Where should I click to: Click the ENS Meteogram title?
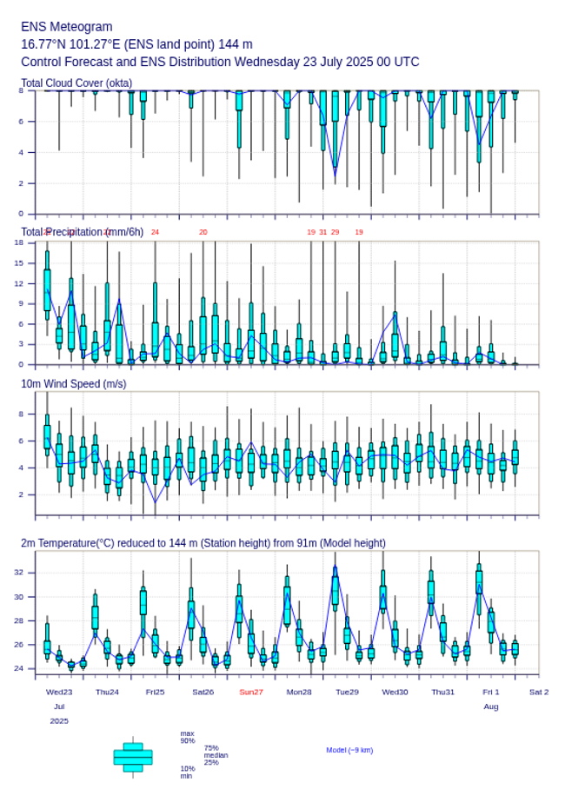[x=66, y=27]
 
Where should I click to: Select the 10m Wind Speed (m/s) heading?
[x=73, y=384]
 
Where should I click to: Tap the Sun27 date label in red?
[x=251, y=692]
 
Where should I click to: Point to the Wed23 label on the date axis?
[x=59, y=692]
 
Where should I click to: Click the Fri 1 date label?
[x=491, y=692]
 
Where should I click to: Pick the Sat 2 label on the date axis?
[x=539, y=692]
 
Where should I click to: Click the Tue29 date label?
[x=347, y=692]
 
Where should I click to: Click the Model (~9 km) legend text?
[x=349, y=750]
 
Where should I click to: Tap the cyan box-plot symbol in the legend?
[x=133, y=757]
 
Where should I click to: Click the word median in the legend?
[x=216, y=755]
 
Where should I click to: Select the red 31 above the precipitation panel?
[x=322, y=232]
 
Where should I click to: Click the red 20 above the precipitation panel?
[x=203, y=232]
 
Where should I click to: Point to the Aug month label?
[x=491, y=706]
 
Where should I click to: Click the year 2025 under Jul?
[x=59, y=721]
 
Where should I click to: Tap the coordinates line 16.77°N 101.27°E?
[x=136, y=44]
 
